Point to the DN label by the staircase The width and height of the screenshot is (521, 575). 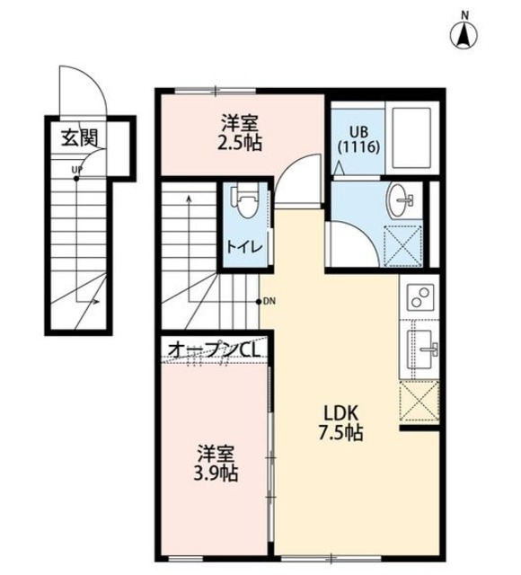[x=268, y=301]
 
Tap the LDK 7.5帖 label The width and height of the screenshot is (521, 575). [x=342, y=422]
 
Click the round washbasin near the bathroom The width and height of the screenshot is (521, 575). [x=401, y=197]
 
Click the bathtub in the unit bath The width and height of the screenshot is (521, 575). [x=412, y=139]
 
